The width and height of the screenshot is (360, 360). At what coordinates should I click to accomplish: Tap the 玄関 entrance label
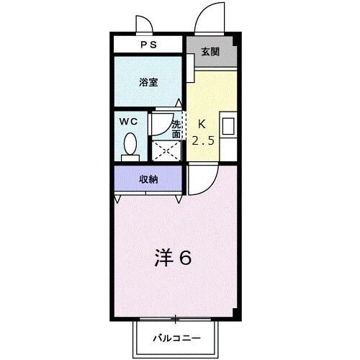210,52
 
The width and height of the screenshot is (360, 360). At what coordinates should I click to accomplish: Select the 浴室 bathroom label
148,81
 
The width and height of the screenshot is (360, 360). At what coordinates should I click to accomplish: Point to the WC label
129,121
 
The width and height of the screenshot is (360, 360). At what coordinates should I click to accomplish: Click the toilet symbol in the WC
130,145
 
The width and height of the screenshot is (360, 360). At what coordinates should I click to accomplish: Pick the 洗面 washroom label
177,129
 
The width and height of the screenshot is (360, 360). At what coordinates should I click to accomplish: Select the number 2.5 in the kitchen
202,140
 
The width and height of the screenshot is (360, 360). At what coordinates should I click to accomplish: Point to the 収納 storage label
148,179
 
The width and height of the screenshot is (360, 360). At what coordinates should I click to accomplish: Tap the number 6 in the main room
185,258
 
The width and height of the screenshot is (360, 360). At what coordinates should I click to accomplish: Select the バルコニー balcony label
176,338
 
